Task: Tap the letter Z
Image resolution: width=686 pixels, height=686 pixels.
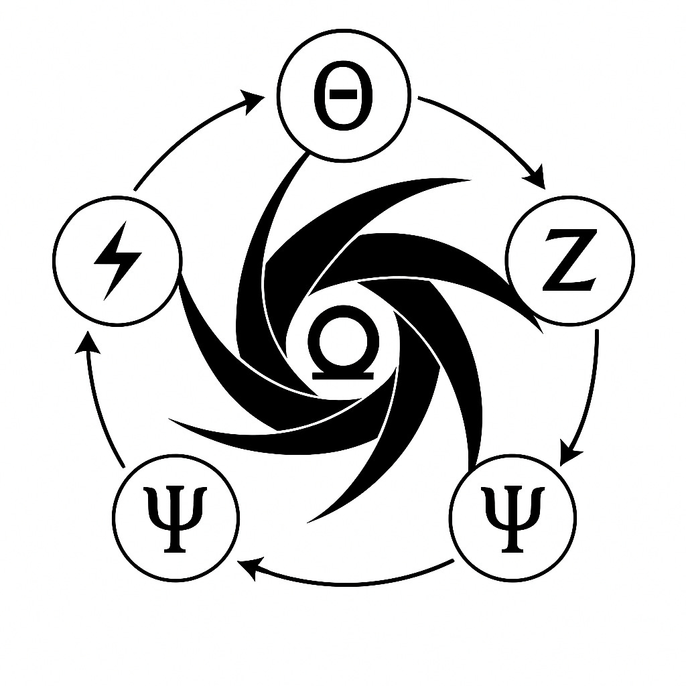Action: [569, 260]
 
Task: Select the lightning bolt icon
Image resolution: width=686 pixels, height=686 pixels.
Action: [118, 260]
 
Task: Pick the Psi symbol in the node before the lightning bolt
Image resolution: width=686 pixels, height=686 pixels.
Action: [176, 517]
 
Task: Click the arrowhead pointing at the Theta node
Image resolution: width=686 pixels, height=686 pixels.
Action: [255, 102]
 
